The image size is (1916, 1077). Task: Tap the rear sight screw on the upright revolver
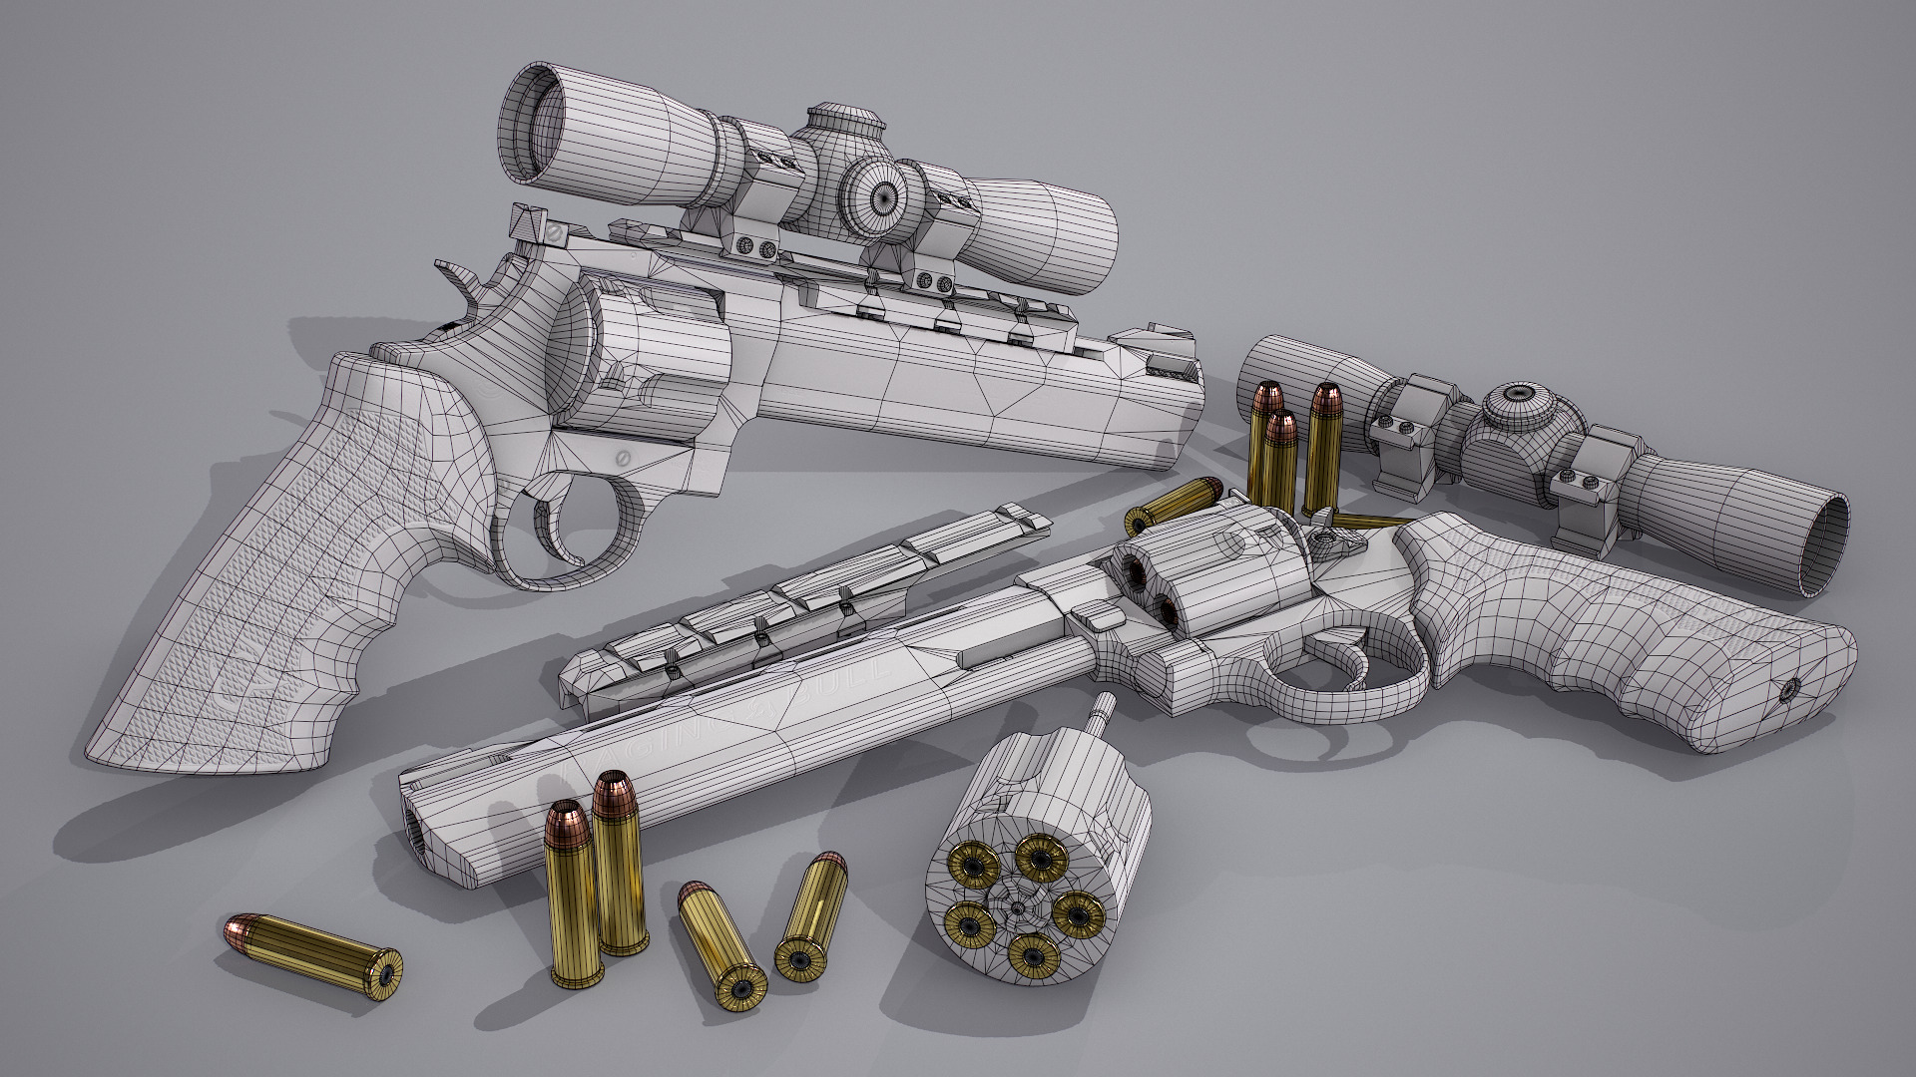[x=552, y=232]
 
